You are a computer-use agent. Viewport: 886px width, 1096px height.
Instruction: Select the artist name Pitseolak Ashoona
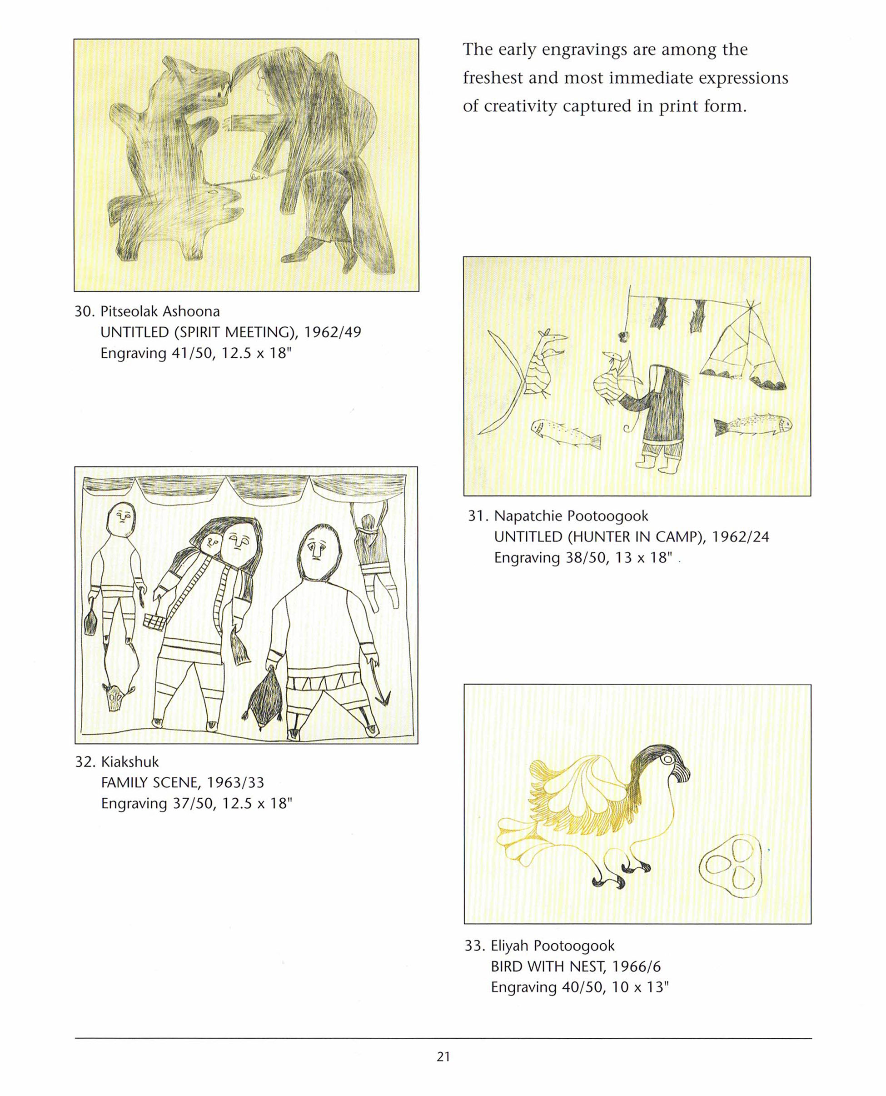click(160, 311)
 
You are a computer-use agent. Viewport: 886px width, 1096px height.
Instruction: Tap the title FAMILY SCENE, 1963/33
click(183, 783)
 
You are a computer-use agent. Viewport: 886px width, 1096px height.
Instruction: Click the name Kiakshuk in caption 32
click(129, 761)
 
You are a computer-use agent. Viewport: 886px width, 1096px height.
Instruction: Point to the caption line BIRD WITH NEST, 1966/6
click(576, 966)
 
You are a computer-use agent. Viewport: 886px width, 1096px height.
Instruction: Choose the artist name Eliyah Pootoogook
click(553, 946)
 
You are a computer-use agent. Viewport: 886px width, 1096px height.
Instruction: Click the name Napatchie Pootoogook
click(571, 516)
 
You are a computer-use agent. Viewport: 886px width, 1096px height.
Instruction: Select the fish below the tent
click(753, 424)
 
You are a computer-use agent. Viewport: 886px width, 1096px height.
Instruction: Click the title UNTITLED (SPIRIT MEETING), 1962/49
click(231, 332)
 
